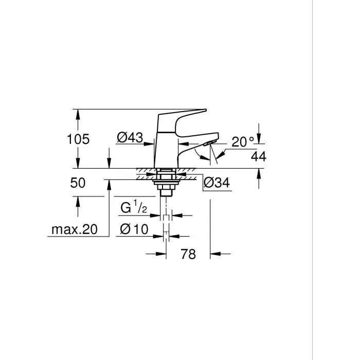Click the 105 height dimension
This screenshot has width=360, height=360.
point(78,138)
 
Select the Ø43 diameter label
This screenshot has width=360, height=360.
point(129,137)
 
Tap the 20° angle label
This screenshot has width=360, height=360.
point(243,142)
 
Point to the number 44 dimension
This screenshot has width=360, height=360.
point(259,157)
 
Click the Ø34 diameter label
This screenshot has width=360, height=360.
point(217,182)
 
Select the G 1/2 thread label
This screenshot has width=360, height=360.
point(134,208)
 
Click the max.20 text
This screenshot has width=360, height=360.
point(74,230)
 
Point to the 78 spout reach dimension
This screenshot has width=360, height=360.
point(188,254)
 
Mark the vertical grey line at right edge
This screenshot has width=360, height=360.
point(313,180)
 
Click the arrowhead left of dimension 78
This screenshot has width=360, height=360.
point(161,253)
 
